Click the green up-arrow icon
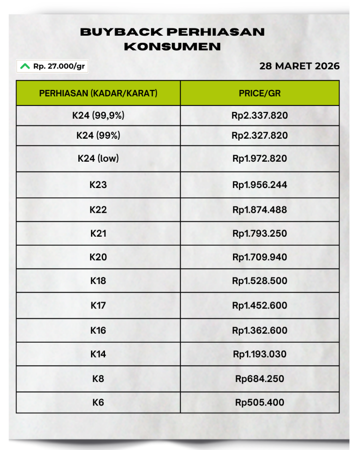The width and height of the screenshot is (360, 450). (x=25, y=66)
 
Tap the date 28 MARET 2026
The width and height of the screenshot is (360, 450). (x=300, y=66)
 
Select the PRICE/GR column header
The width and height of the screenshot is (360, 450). (x=260, y=93)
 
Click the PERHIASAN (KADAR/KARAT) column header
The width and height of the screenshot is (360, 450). (x=98, y=93)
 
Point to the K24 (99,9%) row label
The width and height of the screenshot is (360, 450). (x=98, y=115)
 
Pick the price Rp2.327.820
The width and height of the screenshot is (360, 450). (x=260, y=135)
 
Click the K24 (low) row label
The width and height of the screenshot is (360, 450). (x=98, y=158)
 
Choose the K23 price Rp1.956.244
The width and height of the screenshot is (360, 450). (x=260, y=185)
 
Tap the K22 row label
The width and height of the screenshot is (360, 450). (x=98, y=210)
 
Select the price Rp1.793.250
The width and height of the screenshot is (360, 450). (x=260, y=233)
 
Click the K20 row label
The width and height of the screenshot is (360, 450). (x=98, y=257)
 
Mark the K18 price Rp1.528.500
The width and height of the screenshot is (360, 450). (x=260, y=281)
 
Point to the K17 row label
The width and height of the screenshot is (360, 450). (x=98, y=306)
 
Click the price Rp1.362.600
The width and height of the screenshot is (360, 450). (x=260, y=330)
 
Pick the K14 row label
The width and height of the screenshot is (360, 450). (x=98, y=354)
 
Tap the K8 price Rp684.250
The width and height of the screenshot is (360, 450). (x=260, y=379)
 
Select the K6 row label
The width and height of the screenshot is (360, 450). (x=98, y=402)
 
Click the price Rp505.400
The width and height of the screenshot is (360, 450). (x=260, y=402)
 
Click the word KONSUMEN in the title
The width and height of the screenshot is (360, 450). (x=172, y=47)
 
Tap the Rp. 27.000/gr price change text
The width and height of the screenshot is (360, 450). (x=59, y=66)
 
